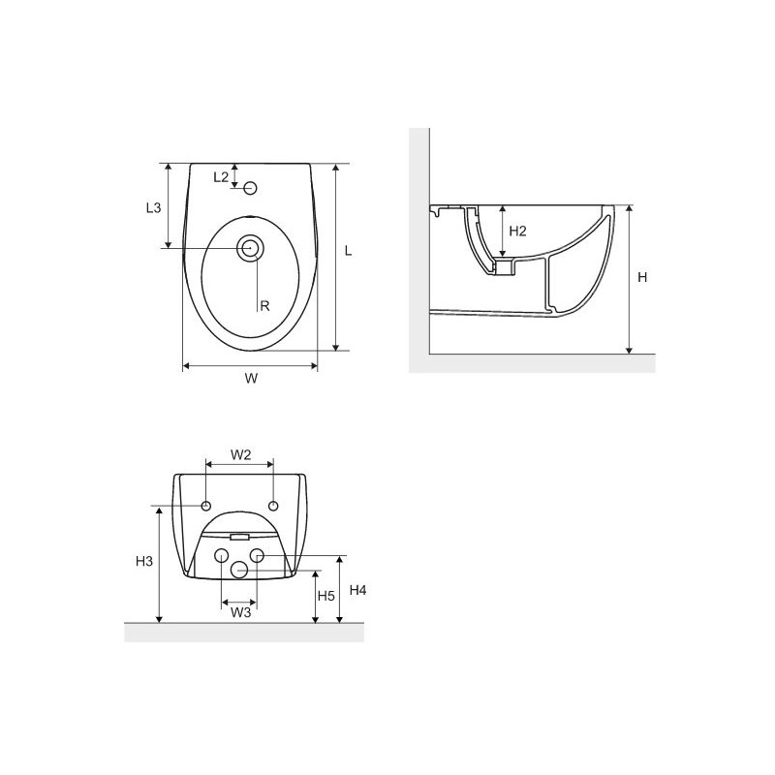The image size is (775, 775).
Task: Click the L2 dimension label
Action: pyautogui.click(x=221, y=177)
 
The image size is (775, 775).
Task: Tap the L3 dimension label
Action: pyautogui.click(x=154, y=207)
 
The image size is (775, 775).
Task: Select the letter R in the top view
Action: pyautogui.click(x=264, y=306)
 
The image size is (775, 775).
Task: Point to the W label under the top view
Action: pyautogui.click(x=251, y=379)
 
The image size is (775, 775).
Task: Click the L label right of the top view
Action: pyautogui.click(x=348, y=251)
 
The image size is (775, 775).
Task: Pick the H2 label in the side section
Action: pyautogui.click(x=517, y=231)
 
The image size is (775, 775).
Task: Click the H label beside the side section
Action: pyautogui.click(x=642, y=277)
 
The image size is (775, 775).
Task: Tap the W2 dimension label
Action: pyautogui.click(x=240, y=454)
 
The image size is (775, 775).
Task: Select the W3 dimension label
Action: pyautogui.click(x=240, y=613)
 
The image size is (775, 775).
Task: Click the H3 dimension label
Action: pyautogui.click(x=144, y=561)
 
